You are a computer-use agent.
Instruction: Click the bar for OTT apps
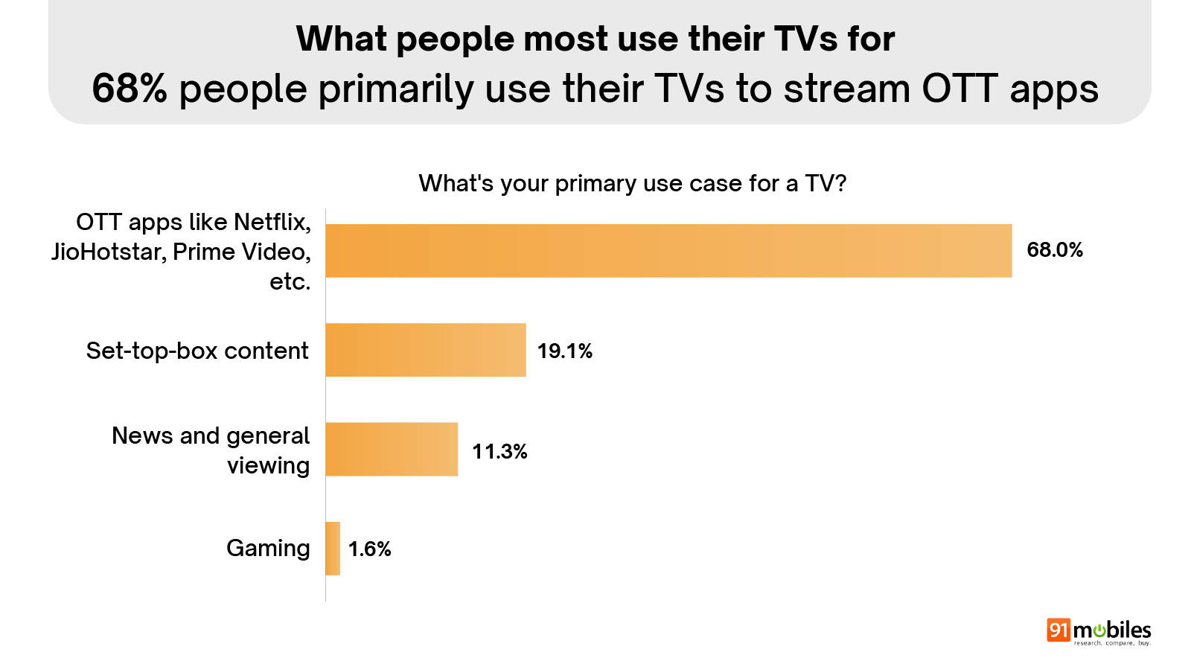[x=668, y=251]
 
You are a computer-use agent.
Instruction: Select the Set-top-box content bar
[x=426, y=350]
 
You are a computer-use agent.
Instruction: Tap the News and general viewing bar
[x=392, y=449]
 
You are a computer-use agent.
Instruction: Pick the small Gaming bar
[x=333, y=549]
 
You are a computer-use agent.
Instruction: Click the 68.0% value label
[x=1055, y=250]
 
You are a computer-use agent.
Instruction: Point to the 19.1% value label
[x=565, y=351]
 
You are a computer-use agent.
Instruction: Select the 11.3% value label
[x=499, y=451]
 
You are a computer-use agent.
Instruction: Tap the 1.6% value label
[x=370, y=549]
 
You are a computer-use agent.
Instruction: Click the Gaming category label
[x=268, y=549]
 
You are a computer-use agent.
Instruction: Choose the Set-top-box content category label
[x=197, y=351]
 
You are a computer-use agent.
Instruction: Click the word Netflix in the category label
[x=272, y=222]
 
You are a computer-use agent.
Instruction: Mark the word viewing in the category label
[x=268, y=466]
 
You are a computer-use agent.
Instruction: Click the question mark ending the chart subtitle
[x=841, y=183]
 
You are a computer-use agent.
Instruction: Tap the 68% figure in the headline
[x=130, y=89]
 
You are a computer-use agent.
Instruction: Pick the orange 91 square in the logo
[x=1058, y=630]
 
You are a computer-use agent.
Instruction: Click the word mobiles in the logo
[x=1112, y=630]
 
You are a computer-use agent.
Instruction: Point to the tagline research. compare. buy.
[x=1112, y=643]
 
